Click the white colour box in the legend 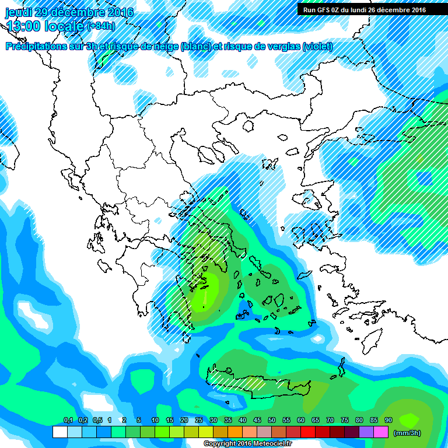point(60,432)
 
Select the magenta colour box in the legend point(381,432)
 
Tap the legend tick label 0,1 point(68,421)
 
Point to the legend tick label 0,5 point(97,421)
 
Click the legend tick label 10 point(155,421)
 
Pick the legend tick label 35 point(228,421)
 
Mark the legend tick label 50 point(271,421)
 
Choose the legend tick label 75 point(344,421)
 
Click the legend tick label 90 point(388,421)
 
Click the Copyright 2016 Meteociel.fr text point(247,444)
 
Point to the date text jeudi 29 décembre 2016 point(69,12)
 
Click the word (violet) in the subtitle point(317,47)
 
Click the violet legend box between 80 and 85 point(366,432)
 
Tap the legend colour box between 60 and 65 point(308,432)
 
